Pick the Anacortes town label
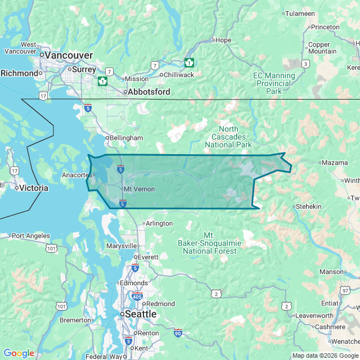tap(78, 174)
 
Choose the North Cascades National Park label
tap(228, 137)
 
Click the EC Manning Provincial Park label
tap(274, 83)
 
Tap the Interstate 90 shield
tap(178, 333)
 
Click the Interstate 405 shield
tap(136, 296)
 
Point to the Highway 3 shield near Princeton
tap(305, 64)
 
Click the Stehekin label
tap(308, 206)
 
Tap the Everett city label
tap(148, 257)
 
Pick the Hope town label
tap(223, 40)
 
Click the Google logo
tap(19, 353)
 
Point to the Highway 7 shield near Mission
tap(109, 72)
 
